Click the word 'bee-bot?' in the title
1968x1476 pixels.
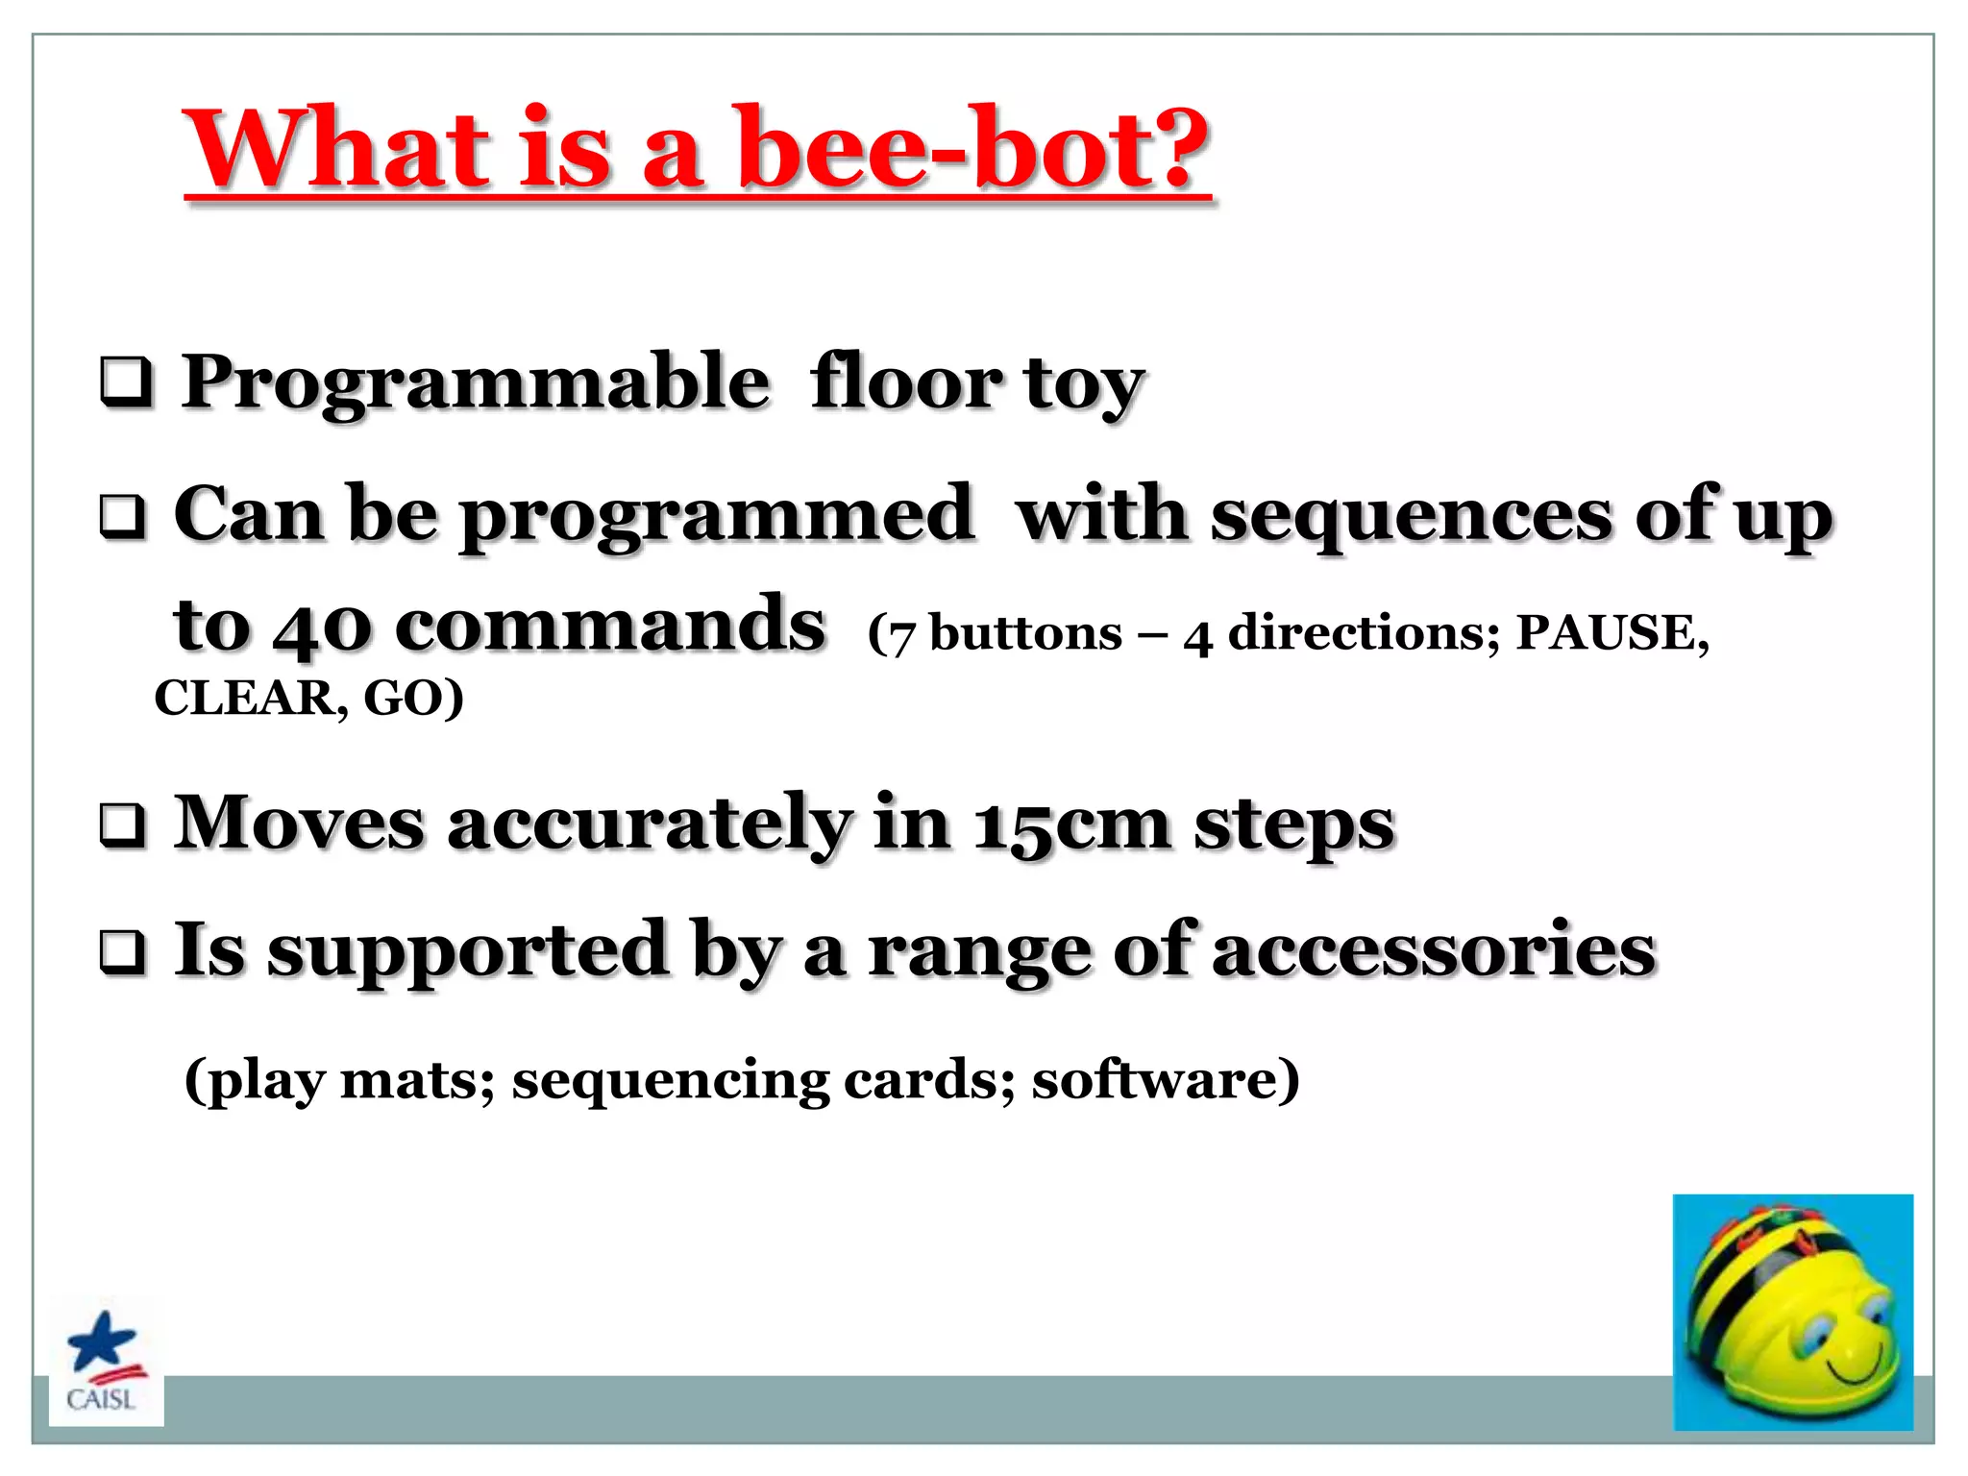click(971, 149)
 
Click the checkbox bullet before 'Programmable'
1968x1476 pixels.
click(126, 382)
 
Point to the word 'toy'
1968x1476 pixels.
click(1083, 384)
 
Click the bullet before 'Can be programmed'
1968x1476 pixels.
click(123, 516)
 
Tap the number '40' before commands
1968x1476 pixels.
click(322, 627)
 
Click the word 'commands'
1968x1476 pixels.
click(609, 626)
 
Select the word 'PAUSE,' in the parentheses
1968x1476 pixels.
click(1612, 633)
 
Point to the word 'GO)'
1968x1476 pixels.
click(413, 699)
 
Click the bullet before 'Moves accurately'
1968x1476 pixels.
click(123, 825)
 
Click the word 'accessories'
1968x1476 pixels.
click(1434, 950)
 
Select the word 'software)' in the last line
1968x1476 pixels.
click(1166, 1079)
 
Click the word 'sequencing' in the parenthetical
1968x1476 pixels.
click(670, 1081)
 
